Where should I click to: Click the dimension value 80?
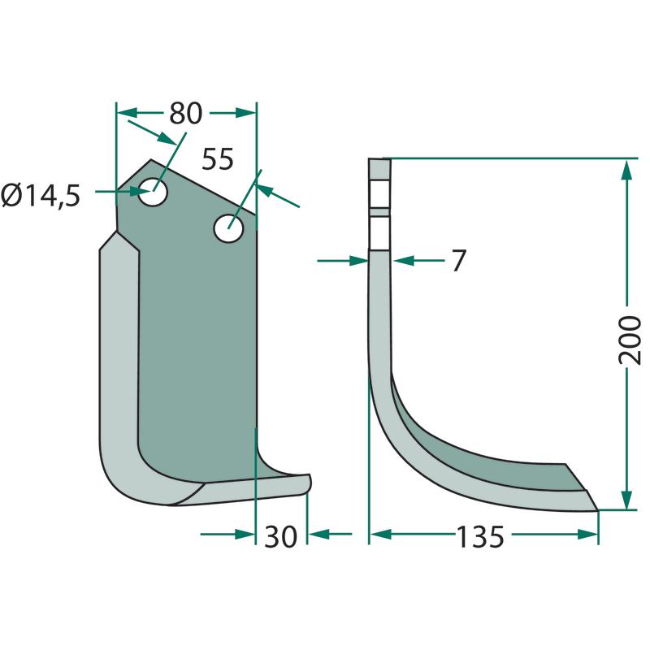186,113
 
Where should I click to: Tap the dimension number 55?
218,158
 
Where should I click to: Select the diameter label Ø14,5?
41,196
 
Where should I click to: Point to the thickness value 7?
458,260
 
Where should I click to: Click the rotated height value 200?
629,340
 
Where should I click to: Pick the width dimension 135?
480,536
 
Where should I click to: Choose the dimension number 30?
280,536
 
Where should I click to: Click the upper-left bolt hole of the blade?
153,192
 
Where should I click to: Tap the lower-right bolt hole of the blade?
228,228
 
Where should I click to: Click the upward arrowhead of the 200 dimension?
626,169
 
